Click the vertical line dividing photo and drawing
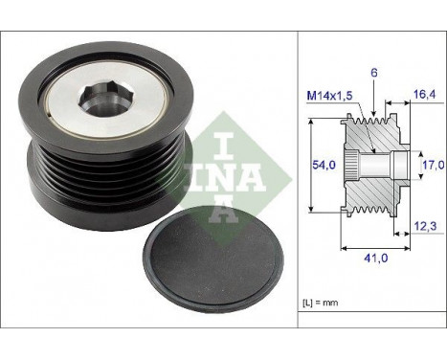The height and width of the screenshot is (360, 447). point(297,191)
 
